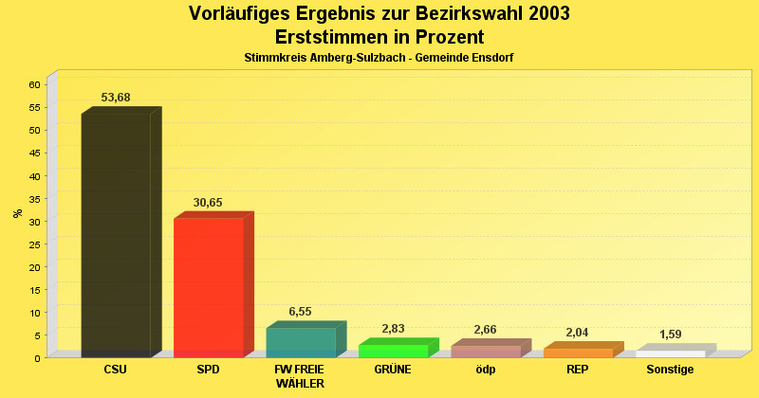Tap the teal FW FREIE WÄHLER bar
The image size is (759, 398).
point(300,342)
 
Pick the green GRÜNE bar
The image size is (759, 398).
point(393,351)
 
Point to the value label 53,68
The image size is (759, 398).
point(116,98)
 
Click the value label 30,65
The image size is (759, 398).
point(208,203)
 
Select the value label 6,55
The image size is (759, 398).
point(300,312)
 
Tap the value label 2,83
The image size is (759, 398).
point(393,329)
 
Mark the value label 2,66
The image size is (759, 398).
point(485,330)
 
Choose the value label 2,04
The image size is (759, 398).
point(578,333)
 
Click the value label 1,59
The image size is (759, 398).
point(671,335)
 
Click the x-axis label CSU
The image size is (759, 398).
point(115,370)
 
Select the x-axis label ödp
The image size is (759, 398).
point(485,370)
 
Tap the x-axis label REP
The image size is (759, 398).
point(577,370)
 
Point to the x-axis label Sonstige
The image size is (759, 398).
point(670,370)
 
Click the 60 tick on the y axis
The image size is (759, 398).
point(34,84)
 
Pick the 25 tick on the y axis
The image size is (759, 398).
point(34,244)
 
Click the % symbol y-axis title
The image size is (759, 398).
point(18,213)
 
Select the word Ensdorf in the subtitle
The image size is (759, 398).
point(492,58)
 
